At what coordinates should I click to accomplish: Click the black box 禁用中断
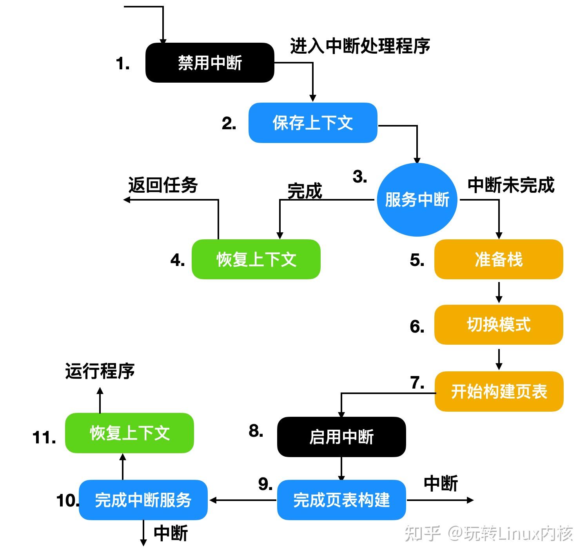click(x=210, y=63)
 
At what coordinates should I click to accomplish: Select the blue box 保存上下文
click(x=313, y=123)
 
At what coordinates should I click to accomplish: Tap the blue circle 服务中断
click(x=417, y=200)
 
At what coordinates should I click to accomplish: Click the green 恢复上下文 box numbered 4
click(x=256, y=259)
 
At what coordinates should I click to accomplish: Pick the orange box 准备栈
click(x=498, y=259)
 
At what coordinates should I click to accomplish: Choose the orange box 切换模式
click(x=498, y=325)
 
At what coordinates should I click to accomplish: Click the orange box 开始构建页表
click(x=499, y=391)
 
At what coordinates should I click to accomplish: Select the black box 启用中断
click(x=341, y=437)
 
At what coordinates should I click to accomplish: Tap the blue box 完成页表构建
click(x=341, y=500)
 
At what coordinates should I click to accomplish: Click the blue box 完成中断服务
click(x=143, y=500)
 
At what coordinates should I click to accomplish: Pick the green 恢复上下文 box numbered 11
click(x=129, y=433)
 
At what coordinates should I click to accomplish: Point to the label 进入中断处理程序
click(x=360, y=46)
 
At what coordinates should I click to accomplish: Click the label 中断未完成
click(x=511, y=185)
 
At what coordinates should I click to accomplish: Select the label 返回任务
click(x=163, y=185)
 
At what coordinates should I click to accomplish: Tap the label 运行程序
click(x=100, y=371)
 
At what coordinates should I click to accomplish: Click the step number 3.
click(x=359, y=177)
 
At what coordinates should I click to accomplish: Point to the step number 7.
click(x=417, y=383)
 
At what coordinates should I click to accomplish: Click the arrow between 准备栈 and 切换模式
click(x=499, y=292)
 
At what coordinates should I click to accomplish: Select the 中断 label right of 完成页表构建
click(x=441, y=483)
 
